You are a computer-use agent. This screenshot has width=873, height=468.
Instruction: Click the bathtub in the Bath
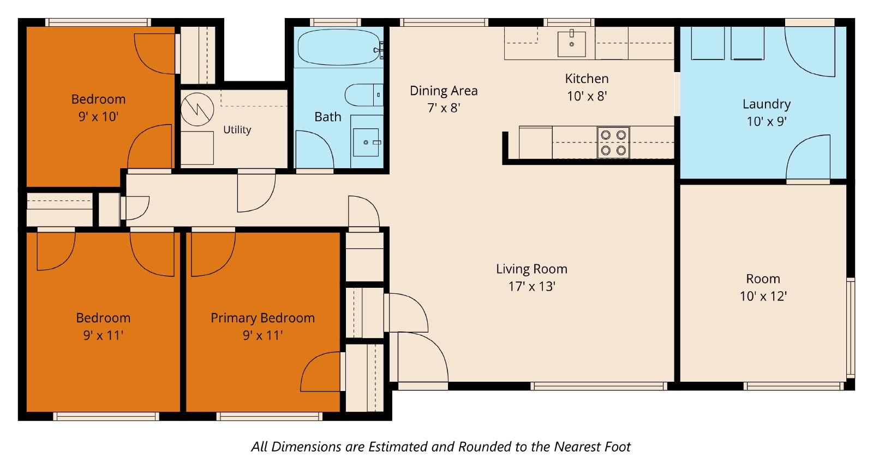[339, 47]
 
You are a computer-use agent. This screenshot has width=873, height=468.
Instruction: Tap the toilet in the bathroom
[364, 95]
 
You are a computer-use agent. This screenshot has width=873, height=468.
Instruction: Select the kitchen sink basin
[571, 44]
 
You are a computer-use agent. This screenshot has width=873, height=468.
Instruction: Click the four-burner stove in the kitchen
[613, 143]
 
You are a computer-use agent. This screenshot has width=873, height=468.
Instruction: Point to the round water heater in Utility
[197, 109]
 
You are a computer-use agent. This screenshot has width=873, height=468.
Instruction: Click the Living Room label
[531, 269]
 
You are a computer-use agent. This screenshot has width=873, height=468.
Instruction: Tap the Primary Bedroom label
[262, 318]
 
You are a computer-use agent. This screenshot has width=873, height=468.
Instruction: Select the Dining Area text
[444, 91]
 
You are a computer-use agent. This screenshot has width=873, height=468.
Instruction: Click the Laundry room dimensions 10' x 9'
[767, 121]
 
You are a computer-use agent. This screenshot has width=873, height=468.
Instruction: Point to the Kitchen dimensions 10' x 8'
[587, 96]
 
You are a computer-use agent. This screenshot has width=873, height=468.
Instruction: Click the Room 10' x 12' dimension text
[763, 297]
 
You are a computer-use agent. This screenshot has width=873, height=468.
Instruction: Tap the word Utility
[237, 129]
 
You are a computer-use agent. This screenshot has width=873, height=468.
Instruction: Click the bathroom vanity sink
[366, 143]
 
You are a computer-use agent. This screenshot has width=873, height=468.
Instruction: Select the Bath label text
[328, 117]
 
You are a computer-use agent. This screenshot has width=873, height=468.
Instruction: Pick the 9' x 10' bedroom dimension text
[98, 117]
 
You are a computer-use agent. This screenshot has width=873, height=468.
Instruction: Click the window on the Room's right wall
[851, 328]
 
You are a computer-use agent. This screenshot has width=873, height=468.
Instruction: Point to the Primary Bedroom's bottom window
[270, 417]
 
